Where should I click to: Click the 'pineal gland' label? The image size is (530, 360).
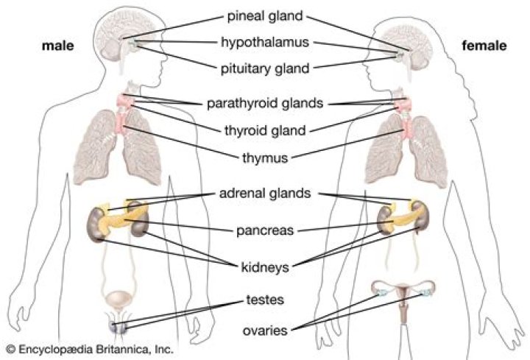pos(265,15)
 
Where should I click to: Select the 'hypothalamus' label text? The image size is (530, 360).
pos(265,43)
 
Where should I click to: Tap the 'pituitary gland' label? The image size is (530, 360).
pos(265,69)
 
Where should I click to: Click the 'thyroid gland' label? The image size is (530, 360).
pos(265,130)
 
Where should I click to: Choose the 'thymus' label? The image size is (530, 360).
pos(265,157)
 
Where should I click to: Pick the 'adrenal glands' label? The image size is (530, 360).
pos(265,194)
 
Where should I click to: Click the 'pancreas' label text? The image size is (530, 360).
pos(265,230)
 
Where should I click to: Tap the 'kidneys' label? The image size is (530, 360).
pos(265,266)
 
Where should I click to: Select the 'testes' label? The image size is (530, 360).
pos(265,300)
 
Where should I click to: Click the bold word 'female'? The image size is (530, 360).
pos(484,46)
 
